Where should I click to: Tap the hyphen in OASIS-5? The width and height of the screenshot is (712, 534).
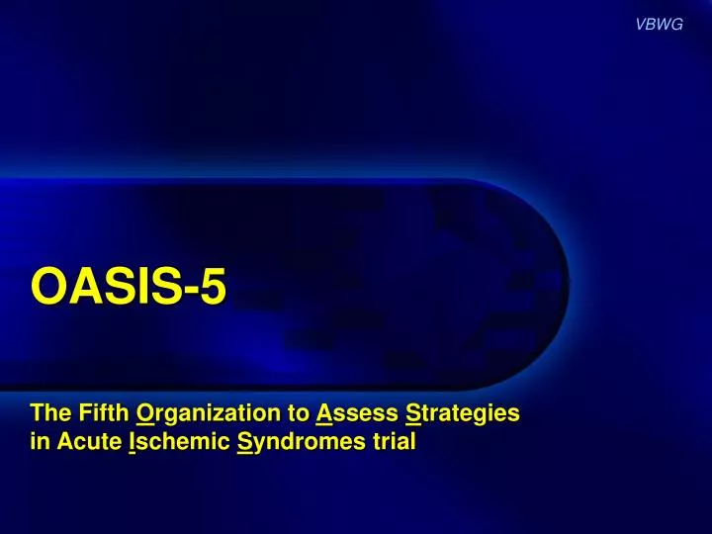tap(183, 291)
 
